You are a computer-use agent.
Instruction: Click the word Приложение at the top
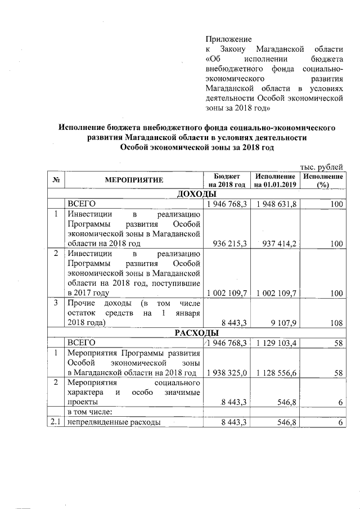(228, 39)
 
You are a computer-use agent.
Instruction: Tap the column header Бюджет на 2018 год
(227, 180)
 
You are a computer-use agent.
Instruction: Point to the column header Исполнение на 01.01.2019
(274, 180)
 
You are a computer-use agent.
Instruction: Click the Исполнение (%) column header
(322, 180)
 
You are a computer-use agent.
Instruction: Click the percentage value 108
(337, 323)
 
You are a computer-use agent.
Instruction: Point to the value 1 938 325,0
(227, 372)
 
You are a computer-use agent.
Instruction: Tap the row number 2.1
(55, 421)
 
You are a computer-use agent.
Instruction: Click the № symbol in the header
(55, 180)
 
